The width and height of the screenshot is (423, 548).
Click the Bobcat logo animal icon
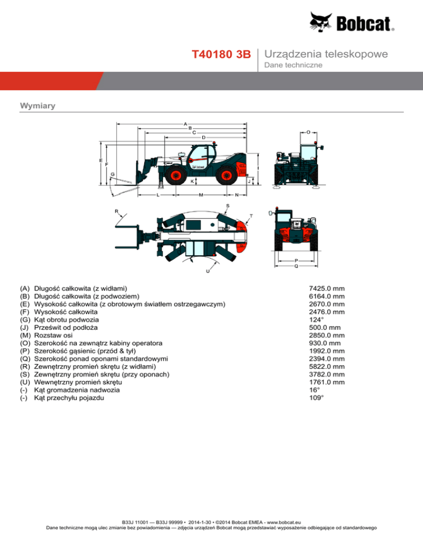tap(323, 22)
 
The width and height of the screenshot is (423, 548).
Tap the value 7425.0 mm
tap(327, 288)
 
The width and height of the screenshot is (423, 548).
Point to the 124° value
tap(317, 319)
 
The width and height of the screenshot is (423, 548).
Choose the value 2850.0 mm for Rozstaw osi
tap(327, 335)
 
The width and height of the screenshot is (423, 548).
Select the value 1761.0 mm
tap(327, 382)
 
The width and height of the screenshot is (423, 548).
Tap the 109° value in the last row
tap(317, 397)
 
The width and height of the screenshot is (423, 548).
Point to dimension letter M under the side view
tap(200, 195)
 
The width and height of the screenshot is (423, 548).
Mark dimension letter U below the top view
tap(208, 271)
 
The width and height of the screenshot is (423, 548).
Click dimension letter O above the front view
tap(308, 132)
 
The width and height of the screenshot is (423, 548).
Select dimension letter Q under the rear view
tap(296, 266)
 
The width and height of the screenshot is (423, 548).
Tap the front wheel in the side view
tap(178, 176)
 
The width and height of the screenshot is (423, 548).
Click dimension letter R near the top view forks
tap(116, 211)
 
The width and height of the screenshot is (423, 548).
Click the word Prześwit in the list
tap(48, 327)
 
